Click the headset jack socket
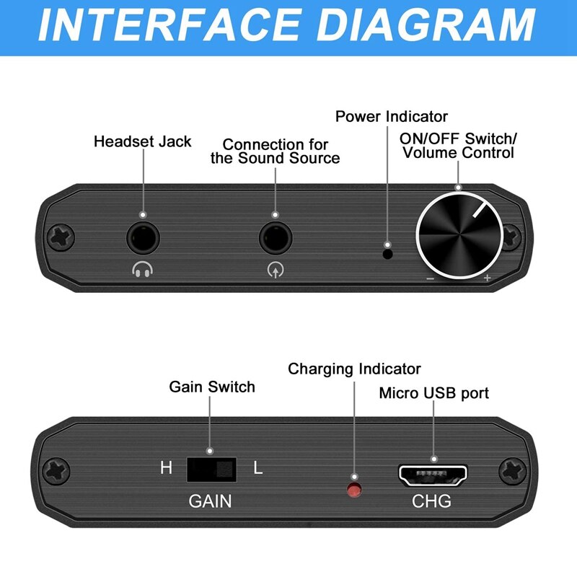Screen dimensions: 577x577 coord(143,237)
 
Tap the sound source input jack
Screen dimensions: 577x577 coord(275,237)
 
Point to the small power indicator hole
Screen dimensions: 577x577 coord(387,252)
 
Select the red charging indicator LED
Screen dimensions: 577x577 coord(354,490)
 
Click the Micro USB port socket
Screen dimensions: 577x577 coord(433,475)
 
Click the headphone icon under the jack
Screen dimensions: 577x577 coord(143,270)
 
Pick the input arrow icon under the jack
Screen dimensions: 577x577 coord(275,270)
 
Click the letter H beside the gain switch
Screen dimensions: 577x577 coord(166,468)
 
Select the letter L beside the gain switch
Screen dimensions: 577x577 coord(257,468)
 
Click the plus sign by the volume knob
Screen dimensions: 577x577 coord(488,278)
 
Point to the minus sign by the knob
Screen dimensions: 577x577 coord(430,278)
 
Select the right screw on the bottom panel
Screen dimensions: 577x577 coord(514,472)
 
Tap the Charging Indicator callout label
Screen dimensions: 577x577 coord(354,369)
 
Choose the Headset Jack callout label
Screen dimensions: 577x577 coord(143,141)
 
